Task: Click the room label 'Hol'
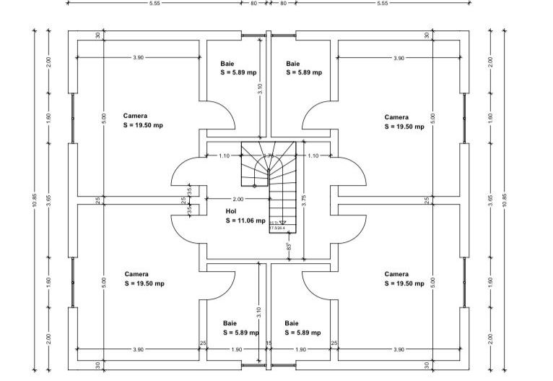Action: [231, 212]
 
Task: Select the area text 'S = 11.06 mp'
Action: [245, 221]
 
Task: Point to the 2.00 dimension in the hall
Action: [238, 198]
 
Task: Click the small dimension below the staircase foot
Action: [289, 247]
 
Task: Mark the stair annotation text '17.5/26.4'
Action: [277, 228]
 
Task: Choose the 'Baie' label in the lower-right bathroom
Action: [292, 323]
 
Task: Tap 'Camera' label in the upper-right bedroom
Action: [396, 117]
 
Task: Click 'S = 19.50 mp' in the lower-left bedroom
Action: [144, 283]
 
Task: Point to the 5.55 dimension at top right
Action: [382, 4]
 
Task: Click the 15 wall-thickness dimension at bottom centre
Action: [268, 343]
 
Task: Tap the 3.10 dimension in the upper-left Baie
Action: [259, 90]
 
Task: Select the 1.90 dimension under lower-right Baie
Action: [301, 349]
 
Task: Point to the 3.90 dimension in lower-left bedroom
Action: [137, 349]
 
